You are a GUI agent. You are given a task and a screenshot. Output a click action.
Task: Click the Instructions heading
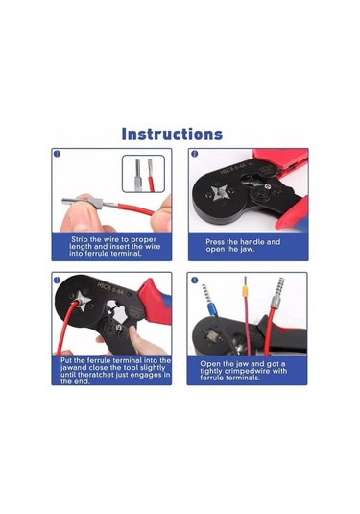172,135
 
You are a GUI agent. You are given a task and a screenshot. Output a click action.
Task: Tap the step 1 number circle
57,154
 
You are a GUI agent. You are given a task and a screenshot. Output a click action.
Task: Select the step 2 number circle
195,154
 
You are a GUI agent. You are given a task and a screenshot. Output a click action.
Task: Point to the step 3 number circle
57,280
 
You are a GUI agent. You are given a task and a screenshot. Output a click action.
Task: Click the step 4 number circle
195,280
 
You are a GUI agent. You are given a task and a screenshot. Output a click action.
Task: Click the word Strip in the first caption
80,239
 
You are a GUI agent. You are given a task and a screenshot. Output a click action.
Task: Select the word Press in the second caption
215,242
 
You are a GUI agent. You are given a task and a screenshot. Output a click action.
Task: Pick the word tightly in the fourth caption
211,371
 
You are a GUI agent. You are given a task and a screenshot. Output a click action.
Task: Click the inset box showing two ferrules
143,174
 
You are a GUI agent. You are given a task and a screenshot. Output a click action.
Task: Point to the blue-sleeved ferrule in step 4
211,308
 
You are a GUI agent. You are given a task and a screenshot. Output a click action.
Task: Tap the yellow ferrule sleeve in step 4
245,291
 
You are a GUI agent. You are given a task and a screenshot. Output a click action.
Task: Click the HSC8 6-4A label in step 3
109,288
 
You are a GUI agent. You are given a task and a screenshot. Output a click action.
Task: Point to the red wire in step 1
135,209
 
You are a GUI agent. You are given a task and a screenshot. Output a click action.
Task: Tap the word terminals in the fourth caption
244,378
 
